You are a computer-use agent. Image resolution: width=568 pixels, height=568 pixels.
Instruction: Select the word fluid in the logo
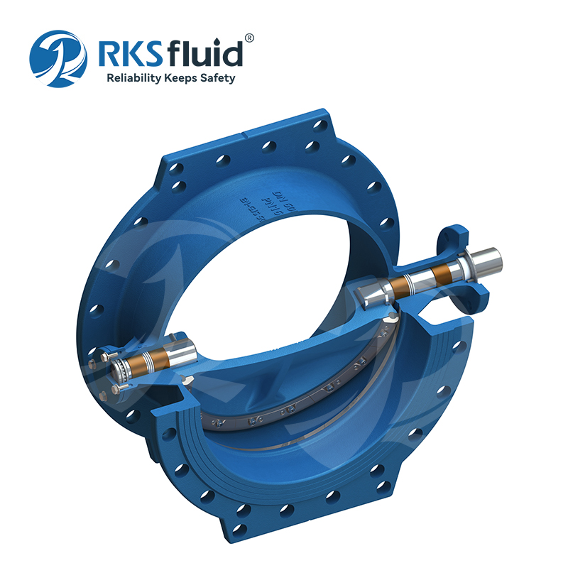click(205, 53)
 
